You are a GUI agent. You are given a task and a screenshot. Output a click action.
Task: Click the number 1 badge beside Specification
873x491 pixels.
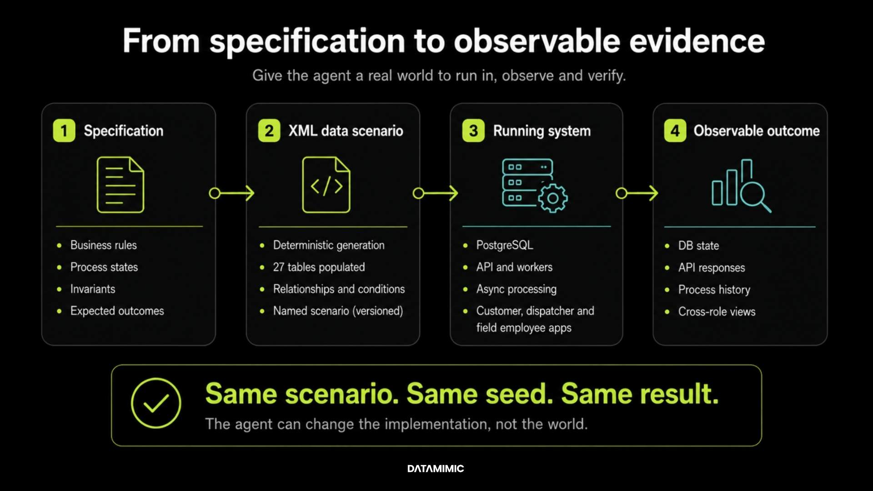(x=64, y=131)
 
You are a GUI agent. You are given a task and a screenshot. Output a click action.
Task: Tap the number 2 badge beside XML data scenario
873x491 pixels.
(x=269, y=131)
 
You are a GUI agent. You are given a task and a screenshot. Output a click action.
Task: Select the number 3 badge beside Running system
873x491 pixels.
(x=473, y=131)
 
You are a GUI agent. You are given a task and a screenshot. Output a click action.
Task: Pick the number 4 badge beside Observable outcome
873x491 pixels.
(x=675, y=131)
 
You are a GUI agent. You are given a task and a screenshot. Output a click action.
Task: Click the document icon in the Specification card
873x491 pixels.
(x=120, y=185)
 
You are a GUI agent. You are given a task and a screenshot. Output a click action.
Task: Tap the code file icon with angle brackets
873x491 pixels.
(x=326, y=185)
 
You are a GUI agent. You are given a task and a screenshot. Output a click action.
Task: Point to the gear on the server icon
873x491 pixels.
(x=553, y=198)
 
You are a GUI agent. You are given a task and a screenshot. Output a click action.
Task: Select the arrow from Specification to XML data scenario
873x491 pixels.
(x=231, y=193)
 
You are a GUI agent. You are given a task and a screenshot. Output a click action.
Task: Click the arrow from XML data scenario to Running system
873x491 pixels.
(x=435, y=193)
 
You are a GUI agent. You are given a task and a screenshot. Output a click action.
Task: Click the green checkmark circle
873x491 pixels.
(x=156, y=403)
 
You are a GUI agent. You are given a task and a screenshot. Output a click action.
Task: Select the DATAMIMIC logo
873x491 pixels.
(x=436, y=469)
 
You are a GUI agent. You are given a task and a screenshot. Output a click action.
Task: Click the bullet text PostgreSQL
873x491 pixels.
(x=505, y=245)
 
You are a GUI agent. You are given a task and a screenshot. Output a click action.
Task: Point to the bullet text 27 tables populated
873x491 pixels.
(x=319, y=267)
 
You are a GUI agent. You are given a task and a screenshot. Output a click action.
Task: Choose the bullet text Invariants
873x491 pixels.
(x=93, y=289)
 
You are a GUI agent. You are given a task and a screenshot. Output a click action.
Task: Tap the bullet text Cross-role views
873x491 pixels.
(x=717, y=311)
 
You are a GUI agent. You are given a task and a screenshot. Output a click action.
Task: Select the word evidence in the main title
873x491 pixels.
(x=697, y=41)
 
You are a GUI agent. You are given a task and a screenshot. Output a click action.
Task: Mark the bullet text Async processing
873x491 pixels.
(x=517, y=289)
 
